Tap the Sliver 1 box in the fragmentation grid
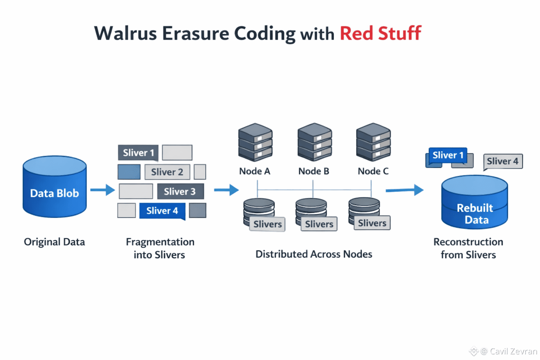tap(138, 153)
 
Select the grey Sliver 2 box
tap(167, 172)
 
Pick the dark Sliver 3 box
tap(180, 191)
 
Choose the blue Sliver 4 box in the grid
tap(162, 211)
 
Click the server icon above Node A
tap(255, 142)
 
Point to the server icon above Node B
tap(314, 142)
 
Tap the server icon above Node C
tap(373, 142)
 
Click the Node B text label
tap(314, 171)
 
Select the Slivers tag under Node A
tap(268, 224)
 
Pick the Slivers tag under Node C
tap(372, 223)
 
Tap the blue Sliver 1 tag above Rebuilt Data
tap(448, 155)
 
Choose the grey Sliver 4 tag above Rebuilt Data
tap(503, 161)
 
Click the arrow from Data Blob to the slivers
tap(102, 190)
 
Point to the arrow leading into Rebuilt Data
tap(404, 190)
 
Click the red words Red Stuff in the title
tap(380, 33)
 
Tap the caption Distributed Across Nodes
tap(314, 254)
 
